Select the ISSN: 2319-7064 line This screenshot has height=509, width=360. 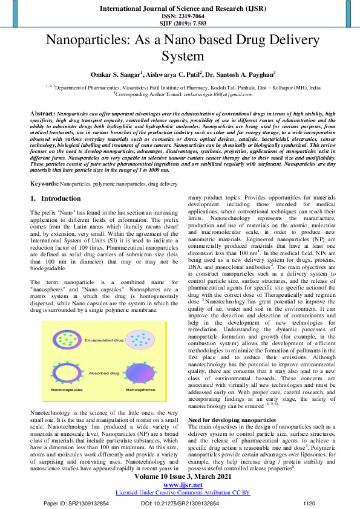tap(180, 16)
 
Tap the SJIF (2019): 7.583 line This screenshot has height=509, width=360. tap(180, 23)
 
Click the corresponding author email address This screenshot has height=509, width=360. tap(217, 95)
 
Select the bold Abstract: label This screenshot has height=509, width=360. tap(44, 114)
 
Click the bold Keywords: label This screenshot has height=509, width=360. tap(46, 183)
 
